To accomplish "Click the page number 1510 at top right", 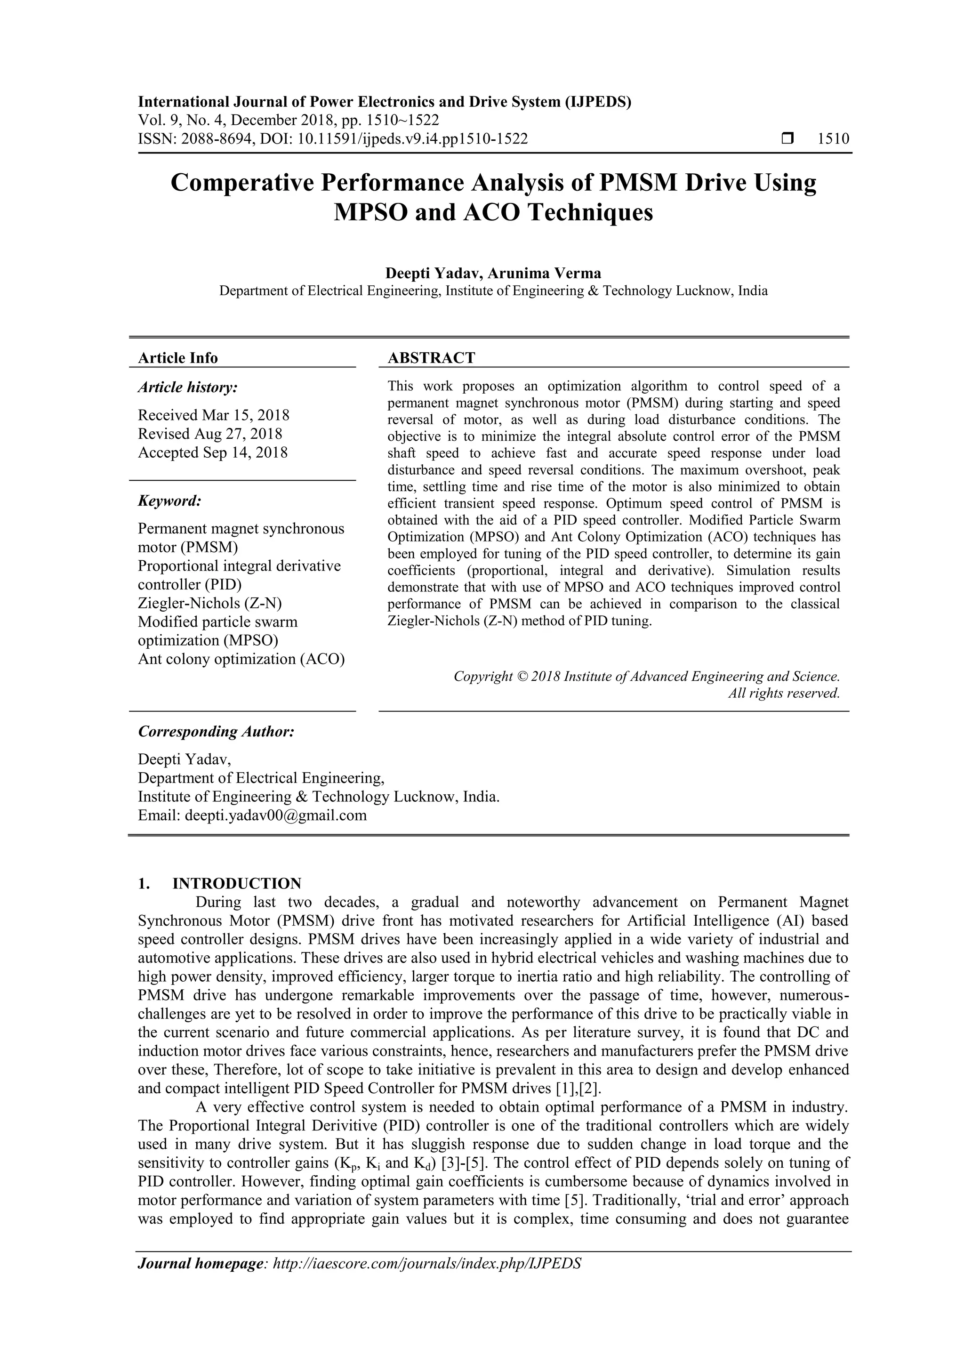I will [x=833, y=139].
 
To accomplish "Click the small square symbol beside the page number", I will [x=787, y=139].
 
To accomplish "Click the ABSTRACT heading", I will [x=431, y=358].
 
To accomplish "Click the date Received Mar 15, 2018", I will [x=214, y=415].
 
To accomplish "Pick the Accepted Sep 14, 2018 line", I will [x=213, y=452].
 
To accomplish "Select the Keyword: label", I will [x=169, y=501].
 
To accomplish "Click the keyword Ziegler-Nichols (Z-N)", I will [x=209, y=603].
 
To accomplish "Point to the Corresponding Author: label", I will [x=216, y=731].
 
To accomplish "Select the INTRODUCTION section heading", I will [x=236, y=883].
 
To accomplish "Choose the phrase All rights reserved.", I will [x=784, y=693].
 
